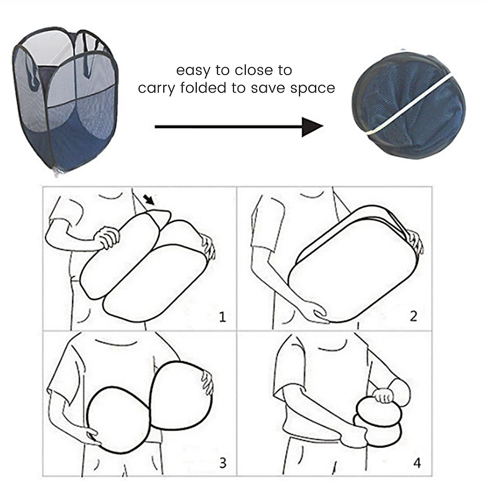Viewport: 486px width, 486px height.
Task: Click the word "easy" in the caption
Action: click(193, 71)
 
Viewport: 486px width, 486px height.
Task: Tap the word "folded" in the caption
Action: click(203, 88)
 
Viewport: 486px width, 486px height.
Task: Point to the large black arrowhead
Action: click(312, 127)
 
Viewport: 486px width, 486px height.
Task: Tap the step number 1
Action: click(222, 317)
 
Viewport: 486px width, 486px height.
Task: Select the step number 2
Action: click(414, 316)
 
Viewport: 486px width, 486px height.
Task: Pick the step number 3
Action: click(222, 463)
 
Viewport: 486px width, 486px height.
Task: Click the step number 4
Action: click(417, 463)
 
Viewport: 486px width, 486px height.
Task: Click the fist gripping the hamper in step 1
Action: click(107, 237)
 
